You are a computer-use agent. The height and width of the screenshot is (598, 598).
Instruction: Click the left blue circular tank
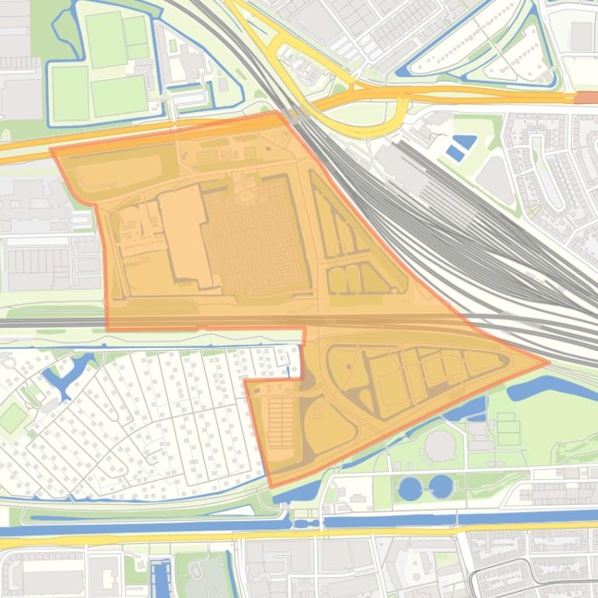(x=409, y=488)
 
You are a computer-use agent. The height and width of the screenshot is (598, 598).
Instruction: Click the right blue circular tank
(x=441, y=487)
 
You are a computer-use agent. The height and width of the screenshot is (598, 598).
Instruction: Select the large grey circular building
(x=440, y=446)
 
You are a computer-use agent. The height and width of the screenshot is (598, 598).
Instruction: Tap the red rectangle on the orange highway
(x=586, y=98)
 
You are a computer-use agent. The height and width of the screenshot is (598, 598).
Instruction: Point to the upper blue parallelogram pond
(x=464, y=143)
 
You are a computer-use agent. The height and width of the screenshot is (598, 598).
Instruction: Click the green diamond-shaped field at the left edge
(x=13, y=417)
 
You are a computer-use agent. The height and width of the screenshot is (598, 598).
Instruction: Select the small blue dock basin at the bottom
(x=162, y=578)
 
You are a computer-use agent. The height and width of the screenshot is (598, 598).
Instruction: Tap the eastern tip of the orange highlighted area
(x=548, y=361)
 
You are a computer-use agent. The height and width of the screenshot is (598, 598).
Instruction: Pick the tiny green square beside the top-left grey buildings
(x=173, y=46)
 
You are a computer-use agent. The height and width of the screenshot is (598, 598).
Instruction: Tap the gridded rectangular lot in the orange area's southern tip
(x=282, y=423)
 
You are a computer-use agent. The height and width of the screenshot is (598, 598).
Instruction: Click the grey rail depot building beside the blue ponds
(x=400, y=165)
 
